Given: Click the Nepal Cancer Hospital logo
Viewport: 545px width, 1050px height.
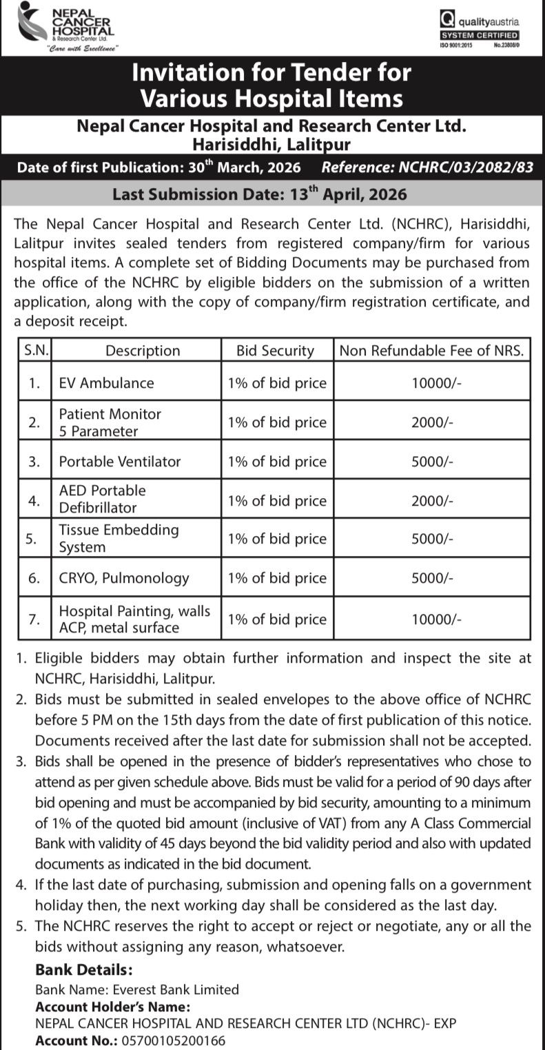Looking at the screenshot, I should tap(67, 28).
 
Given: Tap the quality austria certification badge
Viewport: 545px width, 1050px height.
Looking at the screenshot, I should tap(480, 30).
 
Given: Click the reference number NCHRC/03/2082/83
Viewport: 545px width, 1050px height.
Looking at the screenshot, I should tap(427, 167).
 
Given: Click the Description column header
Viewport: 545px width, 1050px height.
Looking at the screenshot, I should tap(143, 350).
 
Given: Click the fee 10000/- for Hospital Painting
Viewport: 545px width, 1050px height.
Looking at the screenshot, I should tap(432, 619).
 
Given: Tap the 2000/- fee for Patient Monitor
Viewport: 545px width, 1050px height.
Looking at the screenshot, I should tap(432, 422).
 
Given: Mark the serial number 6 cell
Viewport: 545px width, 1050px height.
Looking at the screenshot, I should tap(34, 578).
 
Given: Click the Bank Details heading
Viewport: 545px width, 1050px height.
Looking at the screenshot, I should tap(84, 970).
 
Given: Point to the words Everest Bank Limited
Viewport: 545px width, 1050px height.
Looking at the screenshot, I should tap(176, 989).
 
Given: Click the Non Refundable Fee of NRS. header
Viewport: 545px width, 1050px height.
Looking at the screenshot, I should tap(432, 350).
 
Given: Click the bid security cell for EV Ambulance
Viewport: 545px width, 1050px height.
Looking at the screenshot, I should tap(277, 383).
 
